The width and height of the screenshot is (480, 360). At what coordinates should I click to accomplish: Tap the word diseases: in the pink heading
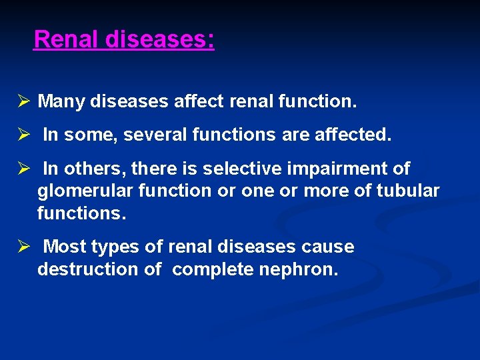click(160, 39)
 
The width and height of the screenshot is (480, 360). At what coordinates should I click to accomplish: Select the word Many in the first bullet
click(61, 102)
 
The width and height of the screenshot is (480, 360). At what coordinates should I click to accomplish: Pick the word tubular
click(408, 191)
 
